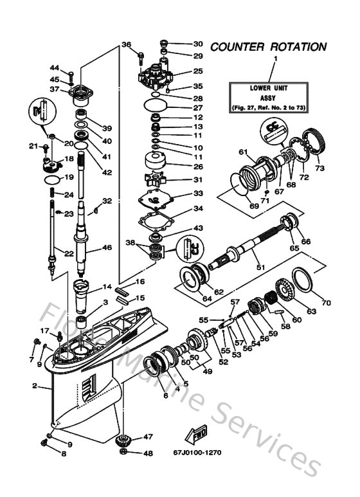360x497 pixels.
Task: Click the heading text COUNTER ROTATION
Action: (268, 47)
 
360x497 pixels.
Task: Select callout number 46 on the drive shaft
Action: (107, 247)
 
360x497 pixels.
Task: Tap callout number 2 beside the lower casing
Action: (34, 386)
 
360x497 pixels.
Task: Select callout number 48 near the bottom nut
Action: (148, 453)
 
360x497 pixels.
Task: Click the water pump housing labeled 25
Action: (156, 73)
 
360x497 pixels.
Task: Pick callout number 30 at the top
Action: (197, 44)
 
